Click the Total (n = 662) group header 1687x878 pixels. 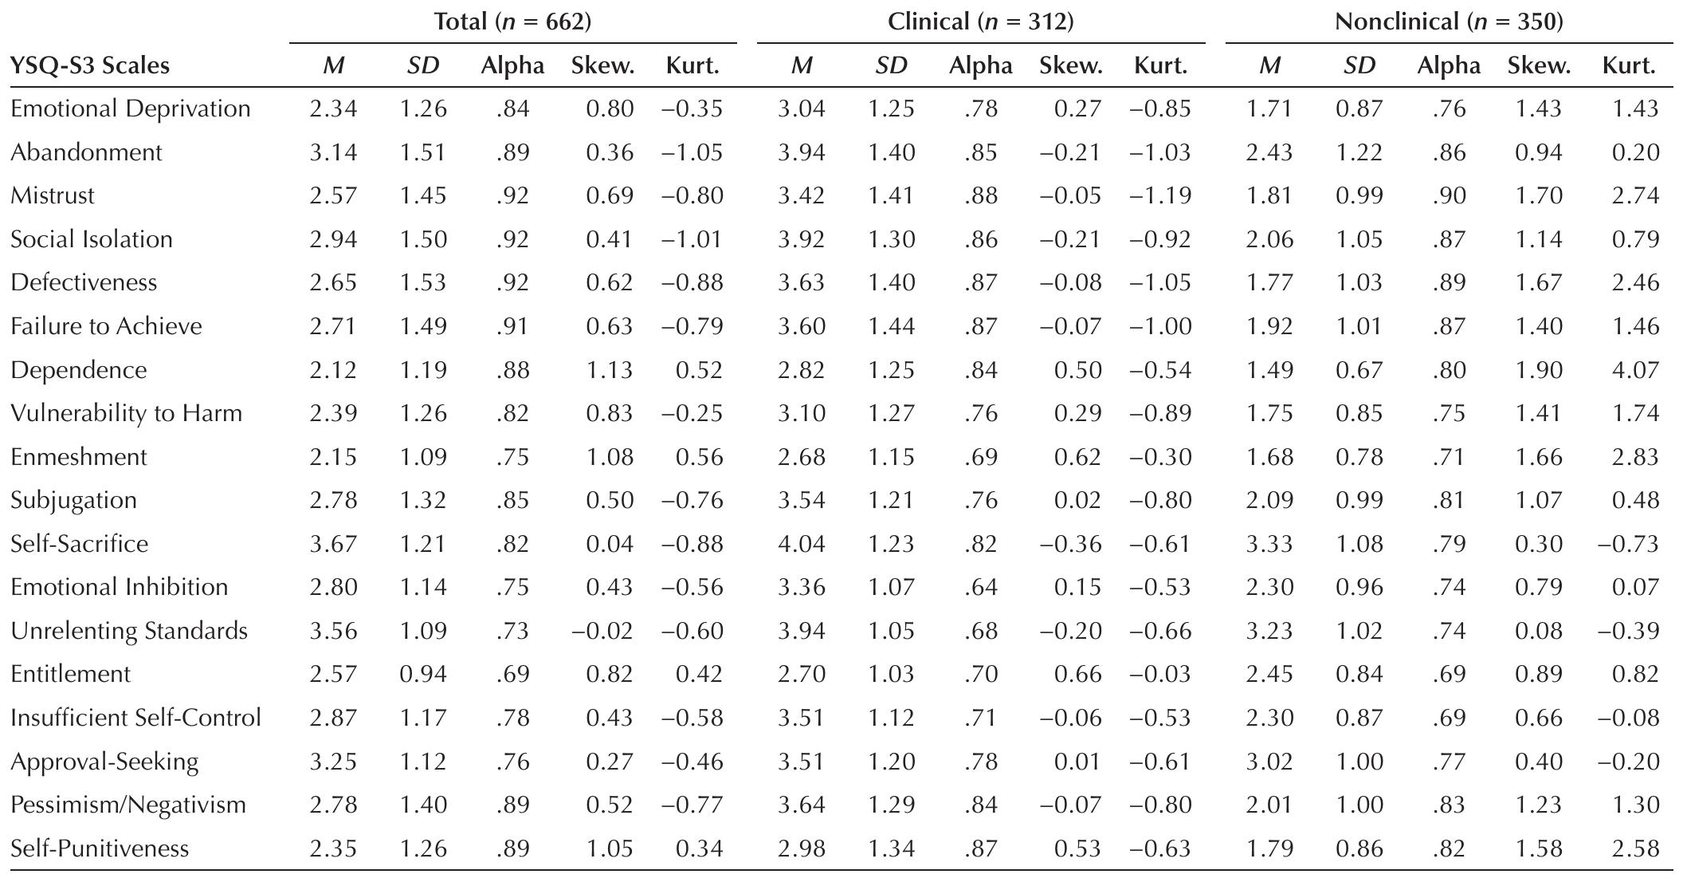click(512, 22)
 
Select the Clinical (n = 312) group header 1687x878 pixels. click(980, 22)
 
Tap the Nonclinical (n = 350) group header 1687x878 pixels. click(1448, 22)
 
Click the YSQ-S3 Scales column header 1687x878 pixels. click(90, 65)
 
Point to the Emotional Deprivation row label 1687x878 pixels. click(130, 108)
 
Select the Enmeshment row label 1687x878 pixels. click(79, 457)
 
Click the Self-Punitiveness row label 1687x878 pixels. click(100, 848)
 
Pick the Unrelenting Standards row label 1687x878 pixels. click(129, 631)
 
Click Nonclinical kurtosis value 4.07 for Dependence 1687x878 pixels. click(1635, 370)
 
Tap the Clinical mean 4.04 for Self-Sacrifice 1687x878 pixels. click(801, 544)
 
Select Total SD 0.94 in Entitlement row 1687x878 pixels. click(422, 675)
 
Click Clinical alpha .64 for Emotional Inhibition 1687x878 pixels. click(980, 588)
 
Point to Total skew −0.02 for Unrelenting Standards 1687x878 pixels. click(602, 631)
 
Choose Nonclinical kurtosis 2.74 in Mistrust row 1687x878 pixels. click(1635, 196)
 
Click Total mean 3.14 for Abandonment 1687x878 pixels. click(333, 152)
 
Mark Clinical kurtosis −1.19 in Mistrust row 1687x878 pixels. click(1160, 196)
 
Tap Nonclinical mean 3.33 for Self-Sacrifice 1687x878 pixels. click(1269, 544)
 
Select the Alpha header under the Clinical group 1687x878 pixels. click(980, 65)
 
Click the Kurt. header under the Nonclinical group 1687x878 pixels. click(1629, 65)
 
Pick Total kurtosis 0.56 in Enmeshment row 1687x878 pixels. click(698, 457)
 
